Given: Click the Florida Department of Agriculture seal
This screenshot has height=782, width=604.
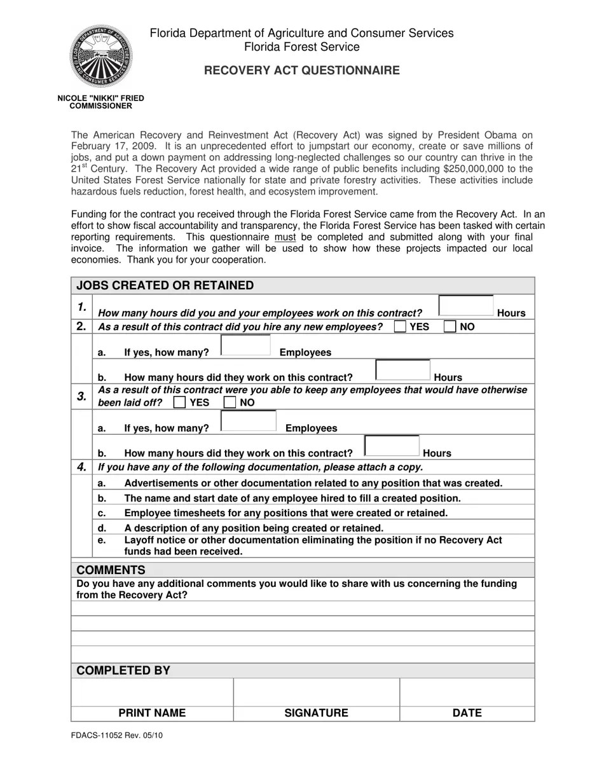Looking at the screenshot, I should pyautogui.click(x=101, y=57).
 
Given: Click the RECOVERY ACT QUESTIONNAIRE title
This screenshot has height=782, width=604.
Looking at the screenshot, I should pyautogui.click(x=301, y=71).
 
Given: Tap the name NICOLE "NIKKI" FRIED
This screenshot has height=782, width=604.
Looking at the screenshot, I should pyautogui.click(x=101, y=99).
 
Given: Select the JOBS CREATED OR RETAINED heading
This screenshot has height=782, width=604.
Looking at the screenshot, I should pyautogui.click(x=165, y=285).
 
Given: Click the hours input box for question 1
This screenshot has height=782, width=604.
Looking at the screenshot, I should pyautogui.click(x=466, y=306).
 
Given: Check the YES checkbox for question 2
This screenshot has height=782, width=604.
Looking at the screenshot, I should pyautogui.click(x=400, y=327).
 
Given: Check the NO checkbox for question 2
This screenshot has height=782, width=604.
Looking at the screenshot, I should pyautogui.click(x=450, y=327).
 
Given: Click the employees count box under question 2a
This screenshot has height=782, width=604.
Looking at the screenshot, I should pyautogui.click(x=246, y=345).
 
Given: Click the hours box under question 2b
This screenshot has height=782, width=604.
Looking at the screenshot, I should pyautogui.click(x=402, y=369).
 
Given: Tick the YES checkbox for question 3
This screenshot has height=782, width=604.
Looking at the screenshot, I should pyautogui.click(x=180, y=402).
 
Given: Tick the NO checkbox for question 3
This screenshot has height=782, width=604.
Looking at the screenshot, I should pyautogui.click(x=230, y=402).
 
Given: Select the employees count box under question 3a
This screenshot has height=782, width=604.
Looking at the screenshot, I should pyautogui.click(x=248, y=421).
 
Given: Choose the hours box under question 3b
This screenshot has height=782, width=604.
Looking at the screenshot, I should pyautogui.click(x=392, y=446).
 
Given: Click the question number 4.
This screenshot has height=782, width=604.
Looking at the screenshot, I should pyautogui.click(x=81, y=467).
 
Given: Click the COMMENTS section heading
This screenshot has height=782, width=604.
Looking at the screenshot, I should pyautogui.click(x=111, y=570).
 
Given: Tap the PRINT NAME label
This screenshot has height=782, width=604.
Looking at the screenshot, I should pyautogui.click(x=152, y=713).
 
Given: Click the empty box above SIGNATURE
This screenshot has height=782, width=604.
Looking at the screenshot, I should pyautogui.click(x=316, y=692).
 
